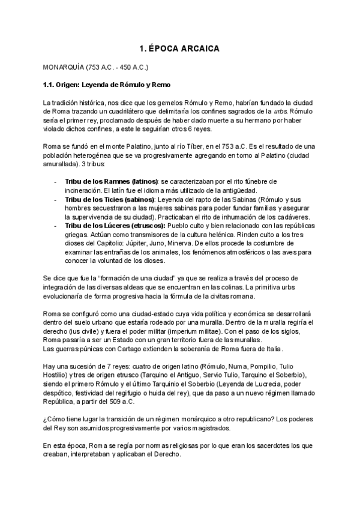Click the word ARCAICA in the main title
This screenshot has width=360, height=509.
(x=200, y=47)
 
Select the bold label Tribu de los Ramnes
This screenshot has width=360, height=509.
(x=99, y=181)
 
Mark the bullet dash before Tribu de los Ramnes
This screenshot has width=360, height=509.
(x=55, y=181)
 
